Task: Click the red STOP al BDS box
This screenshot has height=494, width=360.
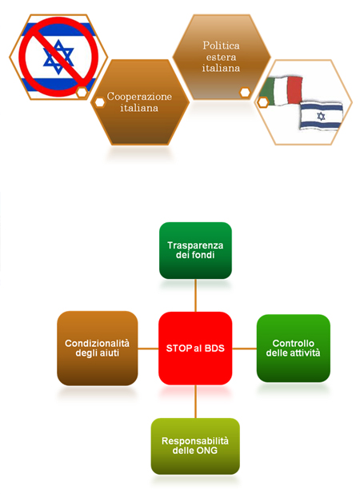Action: (x=195, y=349)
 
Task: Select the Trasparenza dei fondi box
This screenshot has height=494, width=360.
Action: (x=195, y=250)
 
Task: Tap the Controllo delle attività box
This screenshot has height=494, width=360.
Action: (x=294, y=349)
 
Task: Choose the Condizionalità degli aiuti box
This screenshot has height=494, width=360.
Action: (x=98, y=349)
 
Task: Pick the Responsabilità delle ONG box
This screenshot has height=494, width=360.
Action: (x=195, y=446)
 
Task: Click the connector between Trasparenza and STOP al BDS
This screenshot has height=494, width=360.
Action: (x=195, y=296)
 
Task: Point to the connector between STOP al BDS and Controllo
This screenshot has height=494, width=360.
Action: (x=245, y=349)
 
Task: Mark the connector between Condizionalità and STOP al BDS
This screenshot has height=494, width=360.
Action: (x=148, y=349)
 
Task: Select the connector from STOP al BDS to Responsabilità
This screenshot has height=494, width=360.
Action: (x=195, y=401)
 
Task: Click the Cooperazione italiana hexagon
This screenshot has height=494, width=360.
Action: (x=140, y=102)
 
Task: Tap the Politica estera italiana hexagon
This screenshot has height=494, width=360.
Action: (x=222, y=57)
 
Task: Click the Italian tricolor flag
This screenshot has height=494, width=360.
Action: (x=281, y=90)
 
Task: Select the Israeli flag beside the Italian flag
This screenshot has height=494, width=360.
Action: (x=321, y=116)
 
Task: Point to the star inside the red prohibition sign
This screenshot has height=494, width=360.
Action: (x=58, y=57)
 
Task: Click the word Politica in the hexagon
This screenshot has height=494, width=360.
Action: (x=221, y=46)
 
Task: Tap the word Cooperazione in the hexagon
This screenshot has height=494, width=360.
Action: (x=139, y=97)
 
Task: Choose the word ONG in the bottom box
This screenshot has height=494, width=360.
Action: (x=206, y=451)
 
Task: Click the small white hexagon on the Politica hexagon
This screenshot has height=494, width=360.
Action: (x=245, y=92)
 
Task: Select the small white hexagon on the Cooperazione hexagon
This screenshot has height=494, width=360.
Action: (x=100, y=102)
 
